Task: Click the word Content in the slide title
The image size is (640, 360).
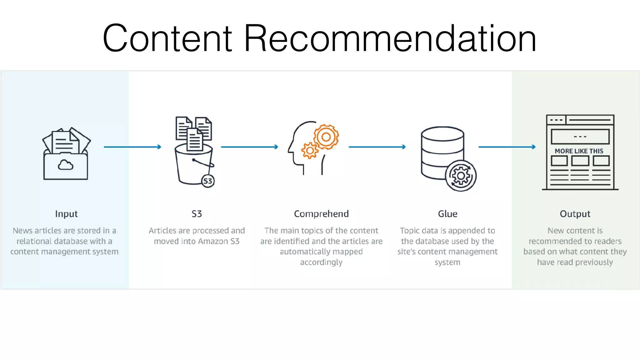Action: coord(167,38)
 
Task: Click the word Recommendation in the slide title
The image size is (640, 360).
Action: coord(390,38)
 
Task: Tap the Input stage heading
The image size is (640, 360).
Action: coord(66,214)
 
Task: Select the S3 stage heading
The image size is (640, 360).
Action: coord(197,214)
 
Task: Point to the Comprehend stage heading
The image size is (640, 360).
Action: coord(321,214)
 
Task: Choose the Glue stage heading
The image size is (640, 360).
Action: coord(447,214)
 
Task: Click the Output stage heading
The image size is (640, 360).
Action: coord(575,214)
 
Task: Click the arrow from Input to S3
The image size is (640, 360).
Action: coord(132,147)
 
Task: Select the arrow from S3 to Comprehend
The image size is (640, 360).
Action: coord(249,147)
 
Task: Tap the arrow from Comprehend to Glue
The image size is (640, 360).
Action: coord(377,147)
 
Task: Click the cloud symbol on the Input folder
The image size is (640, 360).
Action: coord(66,165)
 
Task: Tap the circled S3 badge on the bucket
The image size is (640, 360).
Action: coord(208,181)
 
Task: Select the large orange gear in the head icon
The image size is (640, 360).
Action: coord(326,137)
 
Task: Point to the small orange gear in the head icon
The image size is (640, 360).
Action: coord(310,151)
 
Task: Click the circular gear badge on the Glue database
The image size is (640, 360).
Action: coord(461,176)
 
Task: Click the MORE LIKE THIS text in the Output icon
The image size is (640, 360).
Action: coord(579,151)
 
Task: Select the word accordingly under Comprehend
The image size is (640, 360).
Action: coord(321,262)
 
